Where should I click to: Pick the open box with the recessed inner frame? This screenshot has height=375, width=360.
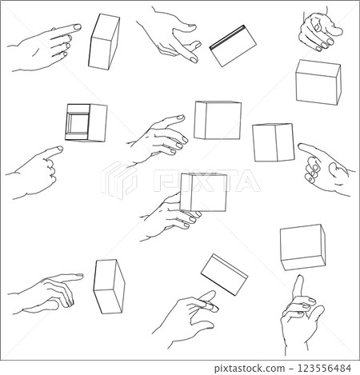point(86,122)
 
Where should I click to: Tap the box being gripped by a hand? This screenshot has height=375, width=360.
point(202,193)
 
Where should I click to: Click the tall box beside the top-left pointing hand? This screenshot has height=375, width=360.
point(104,41)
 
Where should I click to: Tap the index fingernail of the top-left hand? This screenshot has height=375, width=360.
point(77,27)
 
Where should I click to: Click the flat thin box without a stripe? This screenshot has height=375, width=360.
point(224,274)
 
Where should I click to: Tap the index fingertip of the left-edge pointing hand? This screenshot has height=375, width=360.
point(58,148)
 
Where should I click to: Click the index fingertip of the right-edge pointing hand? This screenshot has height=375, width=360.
point(302,146)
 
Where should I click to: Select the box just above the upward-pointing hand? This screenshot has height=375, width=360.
point(302,245)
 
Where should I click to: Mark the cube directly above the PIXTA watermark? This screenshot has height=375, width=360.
point(218,120)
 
